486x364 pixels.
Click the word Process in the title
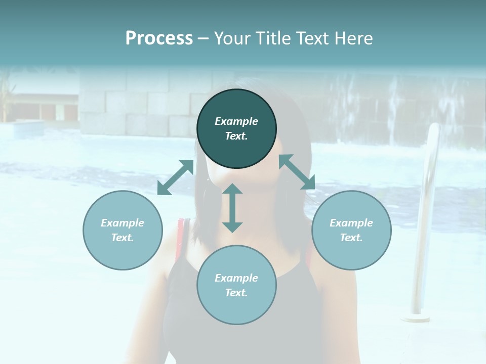(x=159, y=38)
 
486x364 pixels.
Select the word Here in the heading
(x=353, y=38)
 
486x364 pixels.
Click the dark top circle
(x=236, y=129)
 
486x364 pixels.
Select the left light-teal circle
(x=123, y=230)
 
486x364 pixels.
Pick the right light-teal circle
(x=351, y=230)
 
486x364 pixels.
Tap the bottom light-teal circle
(x=236, y=285)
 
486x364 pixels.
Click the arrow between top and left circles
(x=176, y=177)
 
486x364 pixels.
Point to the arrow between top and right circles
(x=297, y=172)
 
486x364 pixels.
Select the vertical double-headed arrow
(x=232, y=208)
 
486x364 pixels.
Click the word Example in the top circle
(x=236, y=121)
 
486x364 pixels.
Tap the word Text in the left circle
(x=123, y=238)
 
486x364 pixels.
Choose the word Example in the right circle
(x=351, y=223)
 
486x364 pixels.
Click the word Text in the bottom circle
(x=236, y=293)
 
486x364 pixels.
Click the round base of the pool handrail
(x=415, y=318)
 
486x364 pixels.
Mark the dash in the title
(x=203, y=38)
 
